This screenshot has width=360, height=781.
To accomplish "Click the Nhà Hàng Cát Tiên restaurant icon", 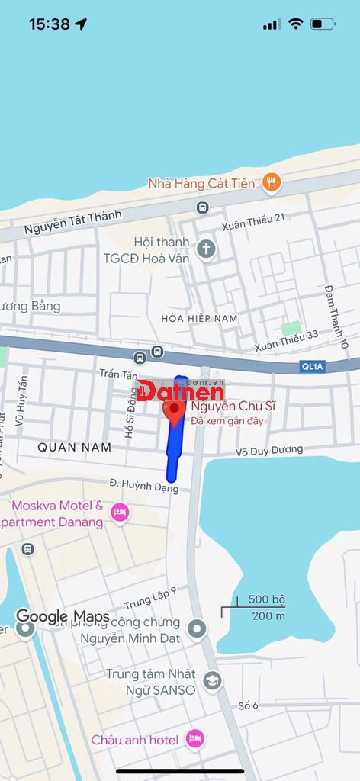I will pos(271,182).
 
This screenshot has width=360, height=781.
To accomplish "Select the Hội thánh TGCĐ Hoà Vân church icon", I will pos(206,248).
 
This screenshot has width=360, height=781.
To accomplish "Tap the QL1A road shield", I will pos(313,367).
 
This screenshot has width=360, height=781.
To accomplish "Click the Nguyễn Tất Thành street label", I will pos(72,222).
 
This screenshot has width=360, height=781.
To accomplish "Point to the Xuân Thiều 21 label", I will pos(253,221).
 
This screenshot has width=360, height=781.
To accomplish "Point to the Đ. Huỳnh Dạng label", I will pos(144,487).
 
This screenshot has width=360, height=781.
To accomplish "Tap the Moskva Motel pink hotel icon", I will pos(120,513).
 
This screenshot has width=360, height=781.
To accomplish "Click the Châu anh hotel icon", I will pos(195,738).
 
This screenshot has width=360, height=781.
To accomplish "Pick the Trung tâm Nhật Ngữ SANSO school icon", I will pos(213,681).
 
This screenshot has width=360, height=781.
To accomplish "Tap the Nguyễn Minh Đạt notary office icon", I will pos(198,629).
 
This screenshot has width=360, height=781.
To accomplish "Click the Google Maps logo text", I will pos(63,617).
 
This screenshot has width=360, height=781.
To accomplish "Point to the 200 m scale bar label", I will pos(268,615).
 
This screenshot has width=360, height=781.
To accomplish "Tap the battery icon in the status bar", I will pos(322,24).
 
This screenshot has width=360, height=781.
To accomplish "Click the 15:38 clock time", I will pos(50,24).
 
